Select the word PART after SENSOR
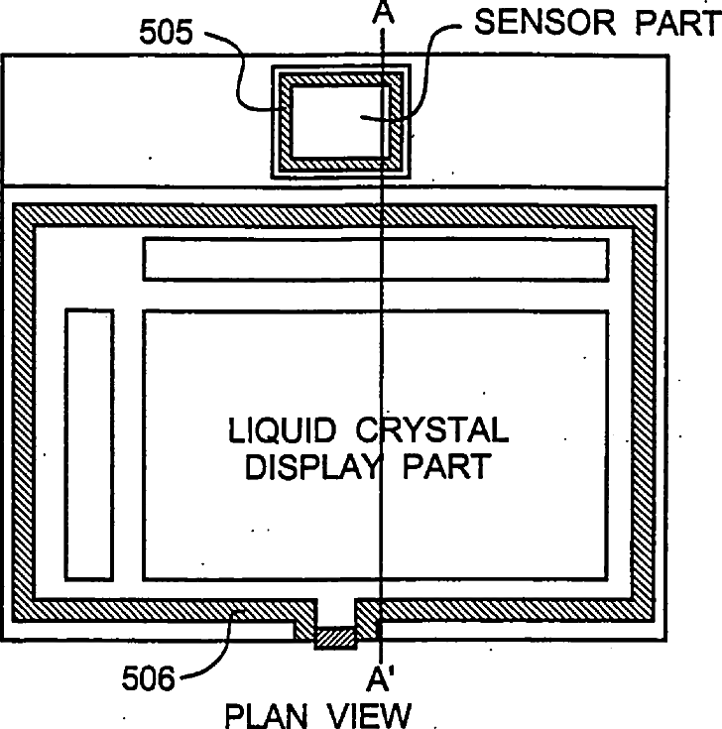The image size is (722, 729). (x=682, y=23)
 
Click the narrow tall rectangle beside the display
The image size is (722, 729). (x=89, y=443)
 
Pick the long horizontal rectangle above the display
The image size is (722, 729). (x=375, y=260)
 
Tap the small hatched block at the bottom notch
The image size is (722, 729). (x=335, y=639)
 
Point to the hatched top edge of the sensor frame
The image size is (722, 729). (x=339, y=78)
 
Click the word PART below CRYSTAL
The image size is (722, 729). (x=445, y=466)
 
